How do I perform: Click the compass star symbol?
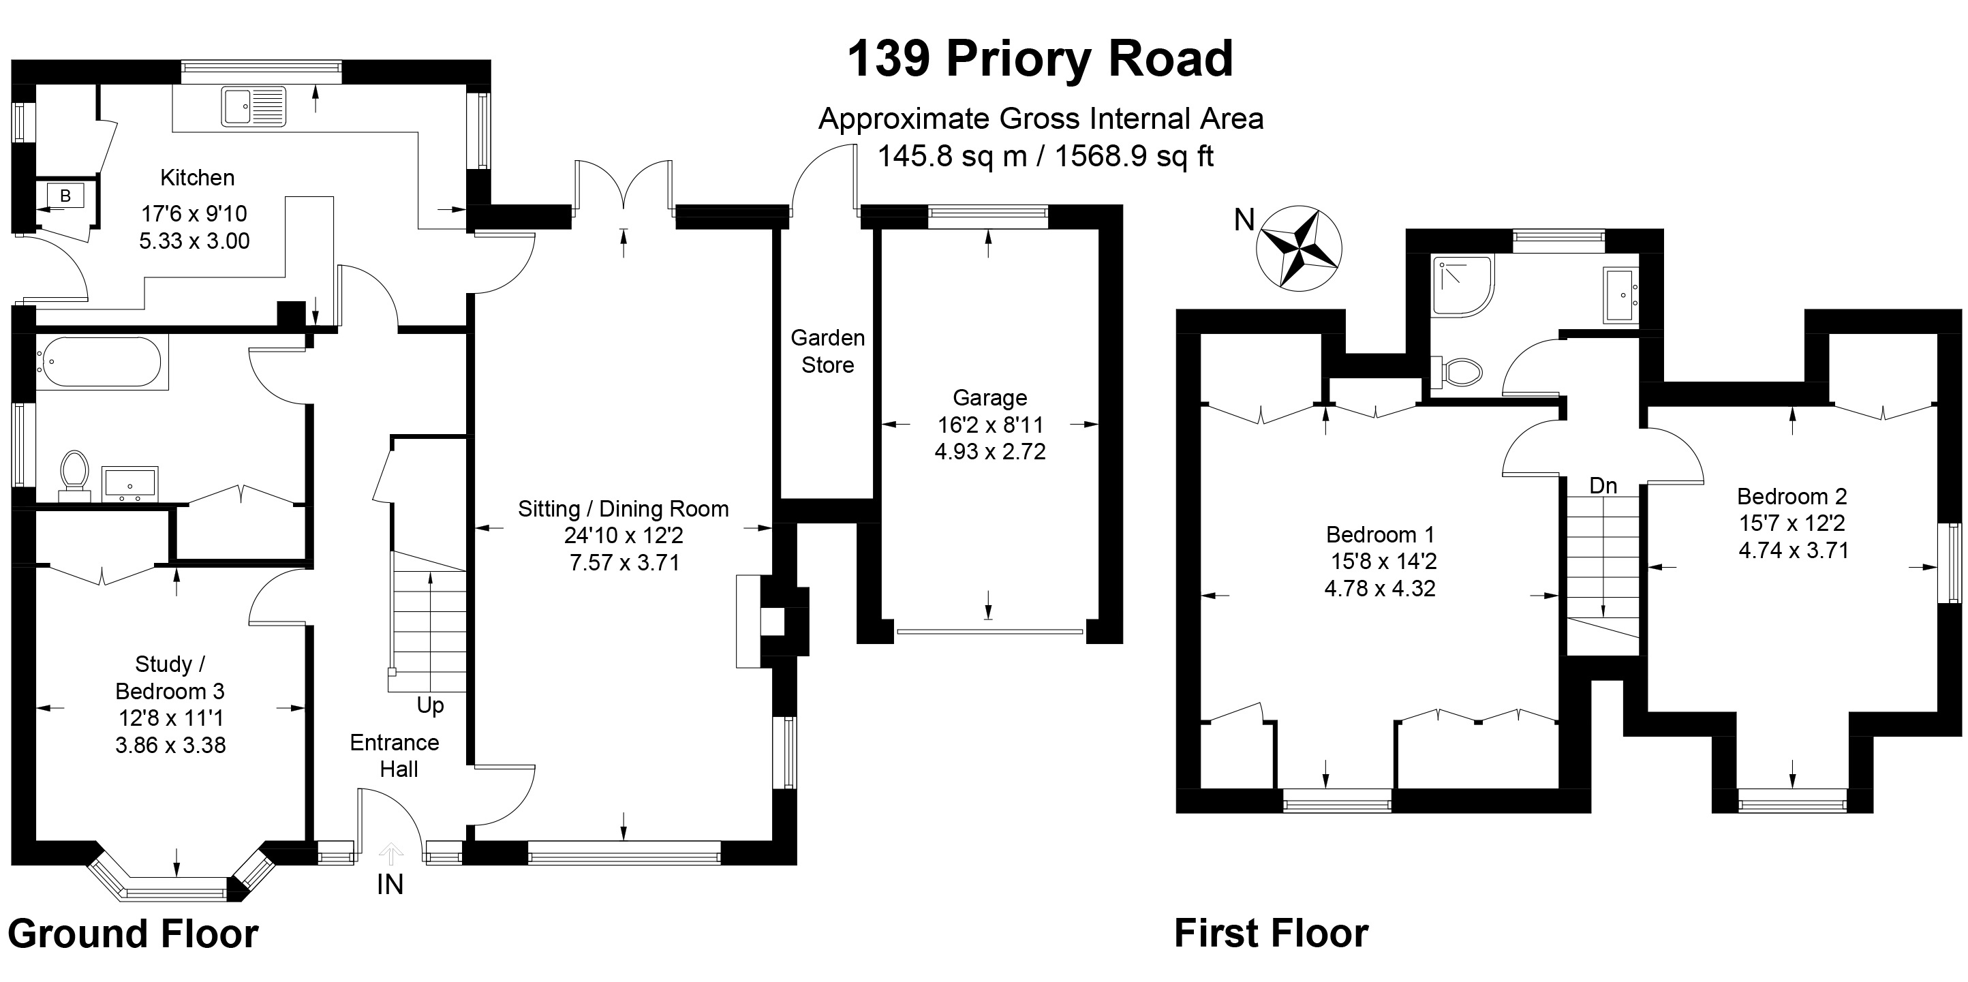coord(1300,247)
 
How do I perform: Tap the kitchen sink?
coord(253,106)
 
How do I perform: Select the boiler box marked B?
coord(65,196)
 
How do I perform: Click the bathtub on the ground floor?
coord(102,363)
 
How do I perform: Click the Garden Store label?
coord(827,351)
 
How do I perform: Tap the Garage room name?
coord(989,397)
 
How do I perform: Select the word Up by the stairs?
coord(430,705)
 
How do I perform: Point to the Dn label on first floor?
coord(1603,485)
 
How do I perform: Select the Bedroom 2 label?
coord(1792,497)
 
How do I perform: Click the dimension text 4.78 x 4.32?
coord(1380,588)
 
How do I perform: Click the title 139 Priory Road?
coord(1041,58)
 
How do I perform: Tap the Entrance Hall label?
coord(395,755)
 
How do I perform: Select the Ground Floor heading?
coord(133,934)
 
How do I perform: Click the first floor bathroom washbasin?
coord(1620,294)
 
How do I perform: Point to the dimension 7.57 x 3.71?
coord(624,563)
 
